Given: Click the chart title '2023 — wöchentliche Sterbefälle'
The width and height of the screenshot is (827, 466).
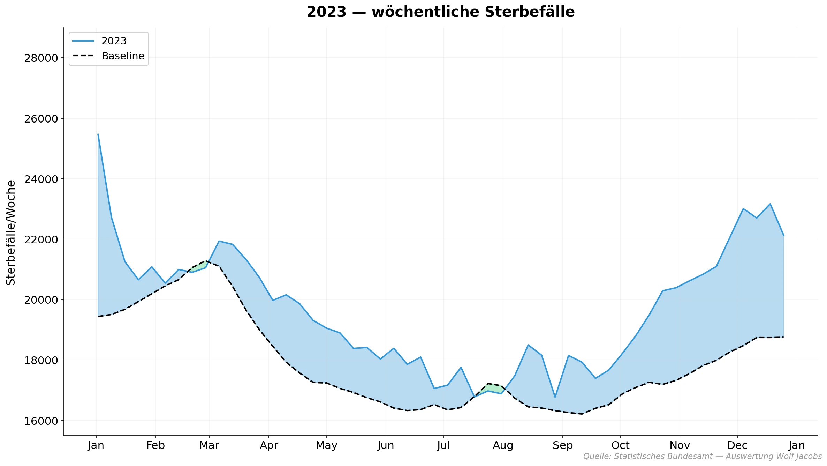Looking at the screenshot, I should [x=440, y=12].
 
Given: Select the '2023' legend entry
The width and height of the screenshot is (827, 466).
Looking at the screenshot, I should [x=114, y=41].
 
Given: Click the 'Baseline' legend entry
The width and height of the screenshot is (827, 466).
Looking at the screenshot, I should [x=123, y=56].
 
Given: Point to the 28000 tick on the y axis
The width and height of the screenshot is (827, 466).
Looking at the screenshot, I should [x=41, y=58].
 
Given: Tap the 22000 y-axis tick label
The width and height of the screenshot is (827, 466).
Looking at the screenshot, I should [x=41, y=239].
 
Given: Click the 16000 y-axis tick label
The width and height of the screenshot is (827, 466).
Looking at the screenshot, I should [x=41, y=421].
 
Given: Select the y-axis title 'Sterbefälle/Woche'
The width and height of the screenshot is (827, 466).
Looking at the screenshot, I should [x=11, y=232].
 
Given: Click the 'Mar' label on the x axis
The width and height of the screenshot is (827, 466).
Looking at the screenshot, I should [x=209, y=445].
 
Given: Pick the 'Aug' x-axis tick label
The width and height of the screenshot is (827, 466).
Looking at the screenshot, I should [x=503, y=445].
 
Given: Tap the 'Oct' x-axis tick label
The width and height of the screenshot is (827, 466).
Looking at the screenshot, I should [x=620, y=445].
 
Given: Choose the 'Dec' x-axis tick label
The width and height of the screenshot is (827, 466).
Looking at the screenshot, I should [x=737, y=445].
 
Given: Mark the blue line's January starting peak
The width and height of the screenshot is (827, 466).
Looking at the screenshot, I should [x=98, y=134].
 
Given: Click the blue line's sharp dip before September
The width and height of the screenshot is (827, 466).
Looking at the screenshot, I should [x=555, y=397].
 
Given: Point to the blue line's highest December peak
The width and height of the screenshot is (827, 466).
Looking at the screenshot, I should [x=770, y=204].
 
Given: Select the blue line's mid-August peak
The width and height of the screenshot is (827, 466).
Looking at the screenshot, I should [x=528, y=345].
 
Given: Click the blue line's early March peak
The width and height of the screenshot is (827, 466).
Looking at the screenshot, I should [x=219, y=241].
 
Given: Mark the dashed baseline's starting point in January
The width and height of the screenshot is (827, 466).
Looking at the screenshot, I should [x=98, y=317].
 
